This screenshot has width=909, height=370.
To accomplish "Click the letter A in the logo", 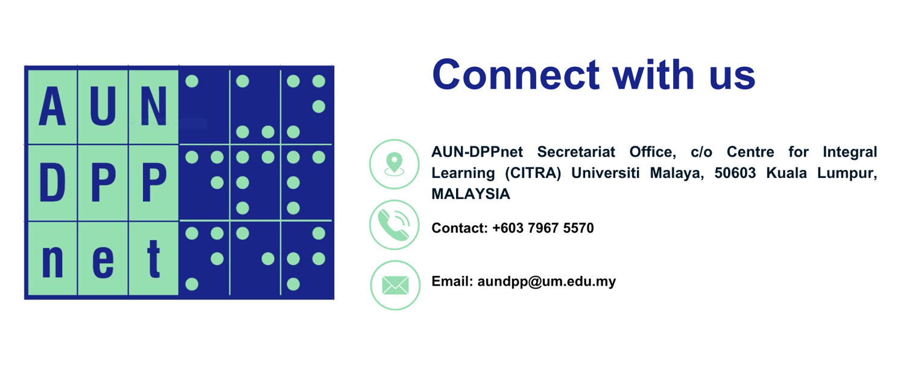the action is coord(52,106).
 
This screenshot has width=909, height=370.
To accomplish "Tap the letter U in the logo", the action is coord(103,106).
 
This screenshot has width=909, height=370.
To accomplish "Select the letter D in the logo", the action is coord(52,183).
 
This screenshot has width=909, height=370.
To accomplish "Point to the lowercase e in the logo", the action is coord(103,263).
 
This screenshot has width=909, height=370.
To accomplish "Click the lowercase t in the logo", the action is coord(153,259).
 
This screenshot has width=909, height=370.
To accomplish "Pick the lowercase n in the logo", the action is coord(52,263).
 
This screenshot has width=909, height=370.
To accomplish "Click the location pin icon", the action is coord(394,164).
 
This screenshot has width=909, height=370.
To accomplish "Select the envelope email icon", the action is coord(395,285).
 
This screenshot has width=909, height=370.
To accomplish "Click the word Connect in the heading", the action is coord(516,75).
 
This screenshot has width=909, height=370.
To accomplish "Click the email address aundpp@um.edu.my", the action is coord(546,281).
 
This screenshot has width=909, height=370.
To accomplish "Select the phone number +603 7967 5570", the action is coord(543,228).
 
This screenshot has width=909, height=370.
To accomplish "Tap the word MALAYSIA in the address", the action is coord(470,194).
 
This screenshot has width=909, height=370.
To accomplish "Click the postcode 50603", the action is coord(735,173).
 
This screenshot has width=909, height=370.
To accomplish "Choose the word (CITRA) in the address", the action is coord(533,173).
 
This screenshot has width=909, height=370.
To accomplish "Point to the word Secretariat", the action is coord(576,152).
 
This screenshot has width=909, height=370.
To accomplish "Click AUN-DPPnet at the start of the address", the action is coord(477,152).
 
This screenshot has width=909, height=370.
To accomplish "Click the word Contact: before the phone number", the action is coord(460,228).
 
